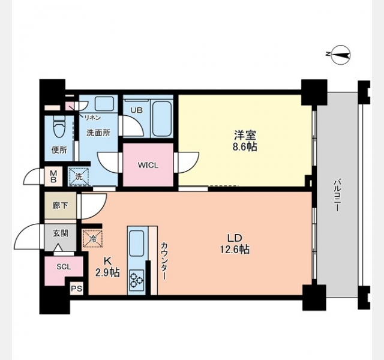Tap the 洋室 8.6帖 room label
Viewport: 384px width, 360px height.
coord(245,140)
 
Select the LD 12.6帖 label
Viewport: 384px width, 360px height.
coord(235,244)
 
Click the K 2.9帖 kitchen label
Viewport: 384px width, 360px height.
coord(107,267)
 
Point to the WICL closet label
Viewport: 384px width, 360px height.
coord(148,166)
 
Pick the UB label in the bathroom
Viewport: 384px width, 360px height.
coord(137,110)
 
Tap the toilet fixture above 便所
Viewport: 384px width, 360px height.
coord(59,128)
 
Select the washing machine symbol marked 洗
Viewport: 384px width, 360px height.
coord(79,176)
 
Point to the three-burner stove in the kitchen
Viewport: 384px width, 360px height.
coord(136,280)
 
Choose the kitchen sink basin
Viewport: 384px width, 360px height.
coord(137,244)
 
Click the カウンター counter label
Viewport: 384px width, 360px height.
coord(164,261)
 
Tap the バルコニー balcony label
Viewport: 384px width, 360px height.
coord(337,196)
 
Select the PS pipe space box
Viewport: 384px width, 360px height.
coord(77,289)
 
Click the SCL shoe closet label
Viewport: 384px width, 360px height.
coord(64,266)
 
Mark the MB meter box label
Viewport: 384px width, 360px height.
coord(53,176)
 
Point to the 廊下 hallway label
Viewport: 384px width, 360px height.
coord(60,205)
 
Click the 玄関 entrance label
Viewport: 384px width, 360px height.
coord(60,233)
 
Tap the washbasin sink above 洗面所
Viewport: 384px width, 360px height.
coord(104,103)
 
